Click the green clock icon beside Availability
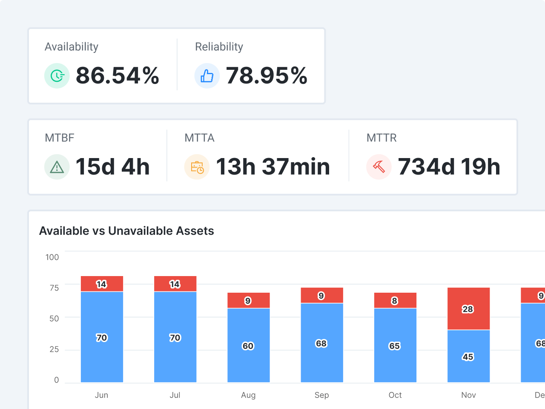click(57, 76)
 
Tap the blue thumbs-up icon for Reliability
click(207, 76)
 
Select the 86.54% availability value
click(118, 76)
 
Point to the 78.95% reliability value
click(267, 76)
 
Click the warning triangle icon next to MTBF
click(57, 167)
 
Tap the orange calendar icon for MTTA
click(197, 167)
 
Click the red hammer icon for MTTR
click(379, 167)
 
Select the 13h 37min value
click(273, 167)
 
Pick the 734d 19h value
click(449, 167)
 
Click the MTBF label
click(60, 138)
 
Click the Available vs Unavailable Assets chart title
click(126, 231)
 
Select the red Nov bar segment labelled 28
click(468, 309)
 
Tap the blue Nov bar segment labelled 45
click(468, 357)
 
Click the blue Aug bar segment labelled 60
click(248, 346)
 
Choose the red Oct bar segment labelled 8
click(395, 301)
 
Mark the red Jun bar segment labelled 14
click(102, 284)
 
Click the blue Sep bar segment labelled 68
click(321, 343)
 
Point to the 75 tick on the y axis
click(54, 288)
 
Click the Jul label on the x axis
click(175, 395)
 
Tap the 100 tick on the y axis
click(52, 257)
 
